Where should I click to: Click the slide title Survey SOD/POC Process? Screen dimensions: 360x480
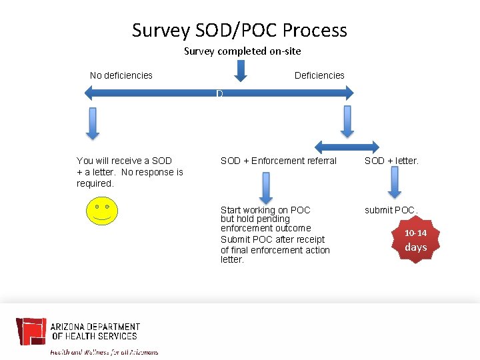point(239,31)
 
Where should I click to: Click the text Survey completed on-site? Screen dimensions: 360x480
point(242,51)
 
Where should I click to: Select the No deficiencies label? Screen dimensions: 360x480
point(121,75)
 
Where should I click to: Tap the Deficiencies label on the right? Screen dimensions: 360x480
point(319,75)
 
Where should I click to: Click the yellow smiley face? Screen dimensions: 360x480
point(101,211)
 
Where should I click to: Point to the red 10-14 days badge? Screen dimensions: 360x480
point(415,241)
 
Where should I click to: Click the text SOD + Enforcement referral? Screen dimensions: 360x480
point(279,161)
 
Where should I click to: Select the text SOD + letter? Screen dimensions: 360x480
point(391,161)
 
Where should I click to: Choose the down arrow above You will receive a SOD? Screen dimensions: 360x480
point(93,123)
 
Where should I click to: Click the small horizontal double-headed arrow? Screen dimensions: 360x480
point(347,147)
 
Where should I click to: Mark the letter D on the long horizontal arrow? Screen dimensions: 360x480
point(219,94)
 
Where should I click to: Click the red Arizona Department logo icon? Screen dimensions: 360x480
point(31,331)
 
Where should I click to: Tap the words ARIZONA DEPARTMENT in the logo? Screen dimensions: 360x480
point(95,327)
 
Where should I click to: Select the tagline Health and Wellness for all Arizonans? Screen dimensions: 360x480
point(105,351)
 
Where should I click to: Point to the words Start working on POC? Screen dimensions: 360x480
point(265,210)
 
